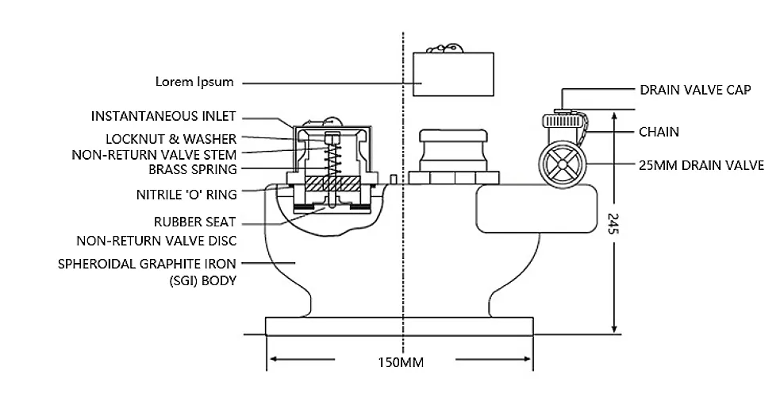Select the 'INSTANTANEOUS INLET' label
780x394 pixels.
tap(163, 116)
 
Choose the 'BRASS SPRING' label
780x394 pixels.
tap(192, 168)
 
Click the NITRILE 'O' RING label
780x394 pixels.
tap(185, 192)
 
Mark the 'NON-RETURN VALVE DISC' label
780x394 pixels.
tap(156, 240)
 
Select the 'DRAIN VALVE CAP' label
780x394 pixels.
tap(694, 90)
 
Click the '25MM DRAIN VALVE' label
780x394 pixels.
tap(701, 166)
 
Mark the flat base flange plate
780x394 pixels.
tap(400, 326)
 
